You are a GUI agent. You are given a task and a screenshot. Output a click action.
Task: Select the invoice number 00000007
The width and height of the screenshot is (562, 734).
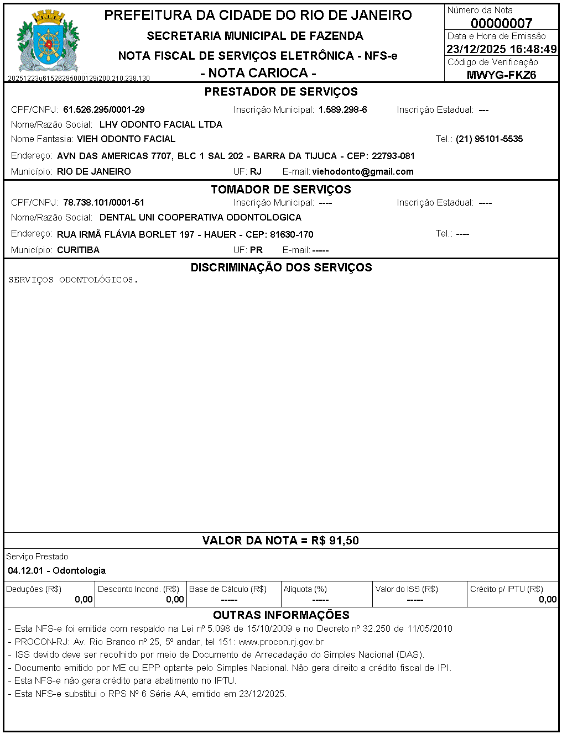coord(501,23)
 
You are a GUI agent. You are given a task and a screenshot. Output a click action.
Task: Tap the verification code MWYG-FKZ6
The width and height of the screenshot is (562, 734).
coord(501,75)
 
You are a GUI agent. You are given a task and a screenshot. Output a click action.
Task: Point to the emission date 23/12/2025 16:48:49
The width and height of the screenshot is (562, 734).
coord(501,49)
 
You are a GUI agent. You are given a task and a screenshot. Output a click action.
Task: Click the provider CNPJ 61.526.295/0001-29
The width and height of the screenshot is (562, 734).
coord(104,110)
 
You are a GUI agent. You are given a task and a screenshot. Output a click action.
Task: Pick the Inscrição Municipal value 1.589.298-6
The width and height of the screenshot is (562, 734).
coord(342,110)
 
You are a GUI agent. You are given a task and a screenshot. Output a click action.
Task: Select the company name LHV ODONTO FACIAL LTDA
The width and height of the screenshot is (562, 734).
coord(161,125)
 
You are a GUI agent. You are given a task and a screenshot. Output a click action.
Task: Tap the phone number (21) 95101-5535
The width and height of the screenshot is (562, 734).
coord(489,139)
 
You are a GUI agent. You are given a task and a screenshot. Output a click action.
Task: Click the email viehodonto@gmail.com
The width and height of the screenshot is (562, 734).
coord(363,172)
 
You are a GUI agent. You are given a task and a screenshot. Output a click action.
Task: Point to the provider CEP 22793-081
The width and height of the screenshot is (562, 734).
coord(393,156)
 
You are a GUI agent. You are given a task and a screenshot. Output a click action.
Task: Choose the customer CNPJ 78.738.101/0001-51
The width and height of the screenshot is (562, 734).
coord(104,203)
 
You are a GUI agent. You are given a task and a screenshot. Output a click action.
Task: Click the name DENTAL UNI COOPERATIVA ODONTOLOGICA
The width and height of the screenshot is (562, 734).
coord(200,218)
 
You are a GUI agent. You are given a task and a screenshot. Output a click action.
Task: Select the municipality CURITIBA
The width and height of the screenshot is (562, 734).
coord(79,250)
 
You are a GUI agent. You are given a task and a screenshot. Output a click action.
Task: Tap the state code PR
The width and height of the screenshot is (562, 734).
coord(256,250)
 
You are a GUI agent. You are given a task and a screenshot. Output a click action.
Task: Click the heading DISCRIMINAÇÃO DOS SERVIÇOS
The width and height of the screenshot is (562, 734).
coord(281,268)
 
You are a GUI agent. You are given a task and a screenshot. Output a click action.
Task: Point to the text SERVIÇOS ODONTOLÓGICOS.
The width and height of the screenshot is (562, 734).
coord(73,280)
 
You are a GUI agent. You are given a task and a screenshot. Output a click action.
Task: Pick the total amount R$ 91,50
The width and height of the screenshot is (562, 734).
coord(335,541)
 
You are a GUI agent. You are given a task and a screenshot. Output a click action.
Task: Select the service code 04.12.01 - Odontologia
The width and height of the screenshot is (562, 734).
coord(57,570)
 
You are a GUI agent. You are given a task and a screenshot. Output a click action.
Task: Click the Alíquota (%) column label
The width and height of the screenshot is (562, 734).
coord(305,589)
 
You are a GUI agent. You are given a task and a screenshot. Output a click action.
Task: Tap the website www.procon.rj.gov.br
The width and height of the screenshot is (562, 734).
coord(281,642)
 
